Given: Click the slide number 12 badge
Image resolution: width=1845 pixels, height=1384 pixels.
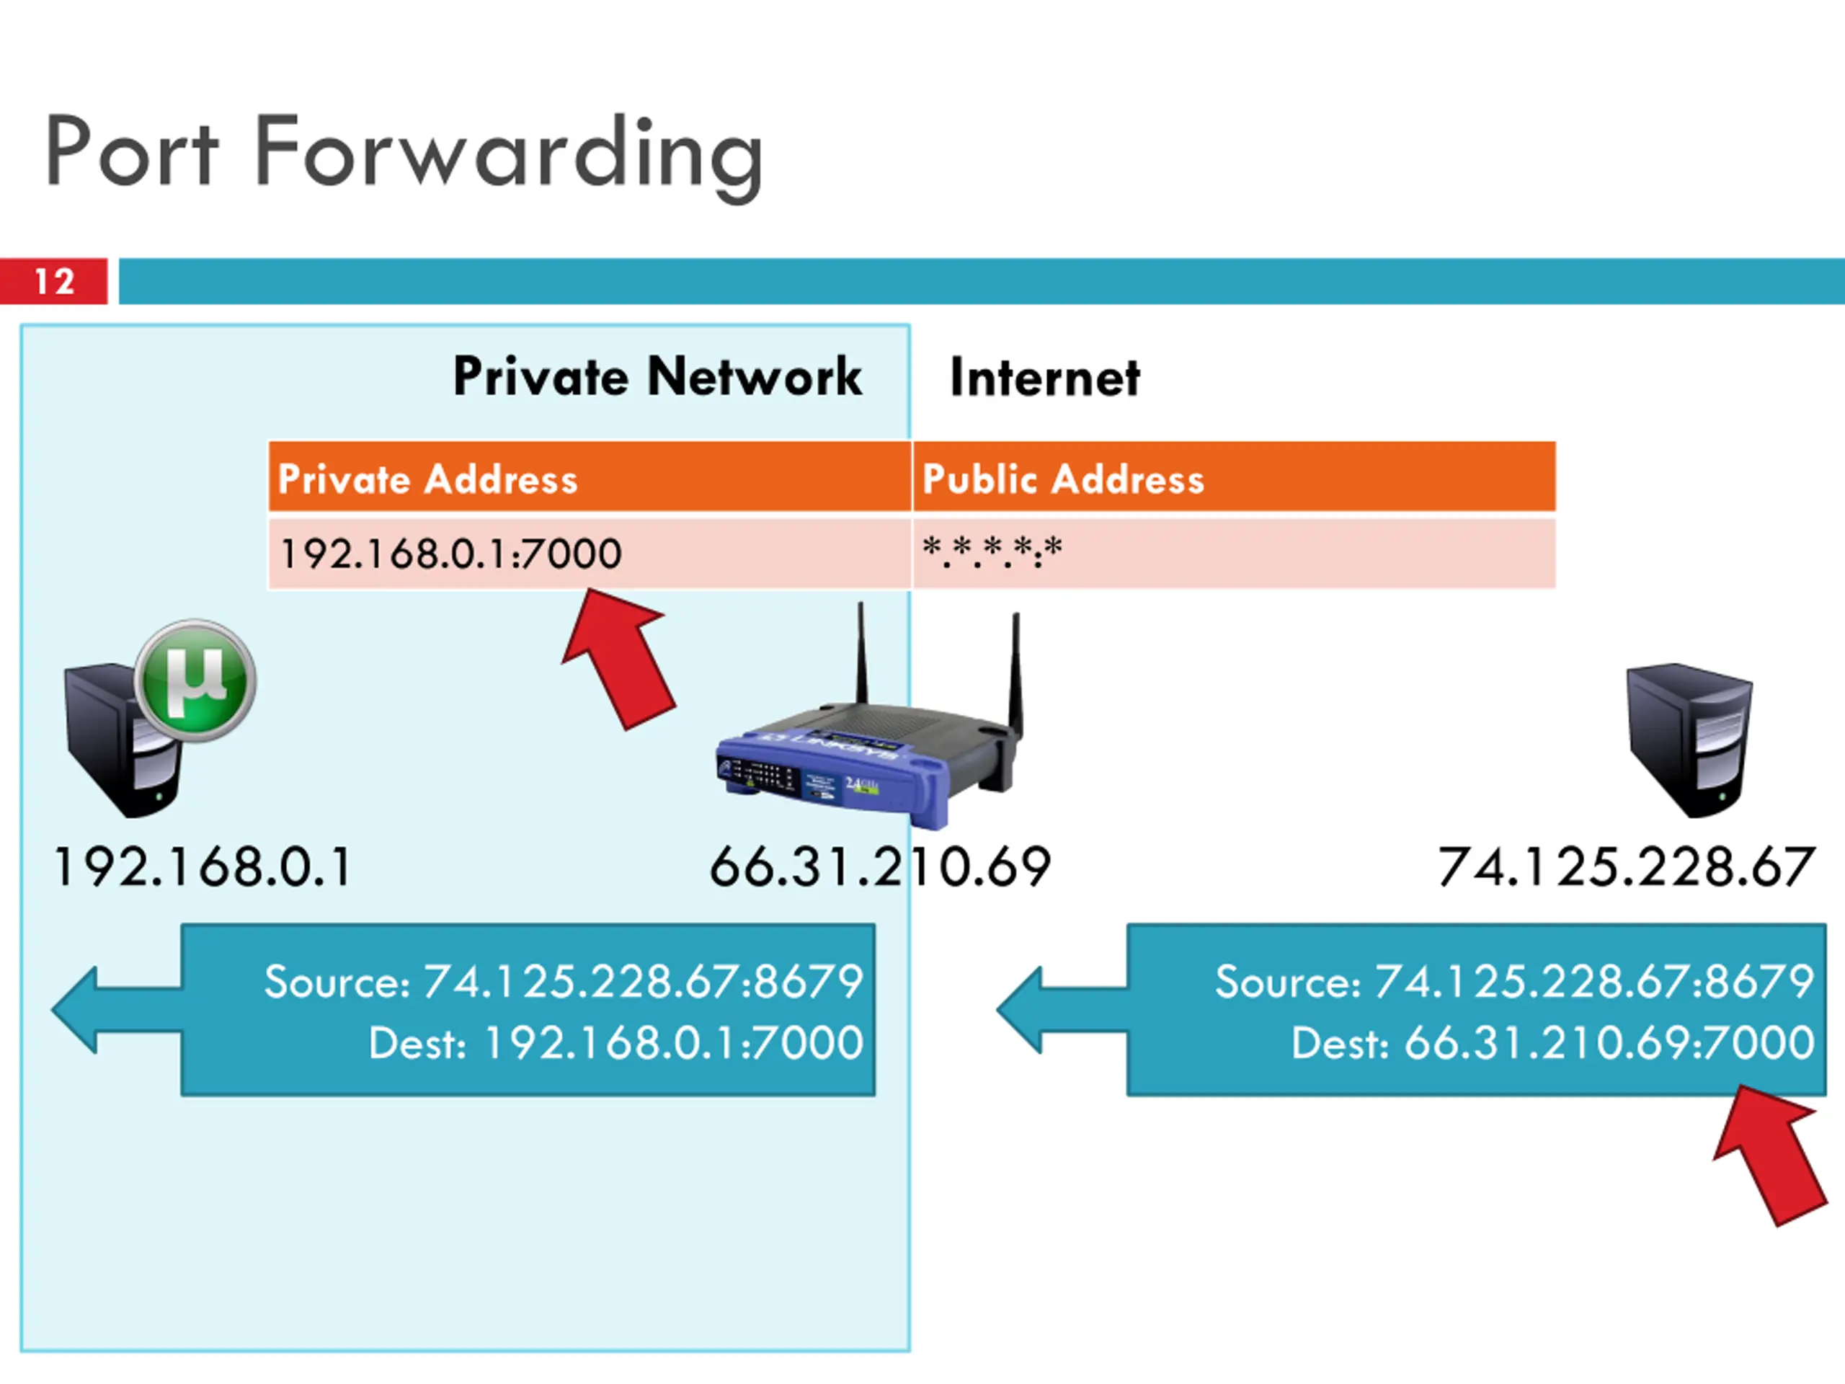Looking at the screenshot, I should (x=53, y=281).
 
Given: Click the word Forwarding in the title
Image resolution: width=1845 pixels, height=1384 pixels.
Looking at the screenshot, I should (x=509, y=154).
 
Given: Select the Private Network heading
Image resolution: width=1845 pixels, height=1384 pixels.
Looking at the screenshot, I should (x=657, y=376).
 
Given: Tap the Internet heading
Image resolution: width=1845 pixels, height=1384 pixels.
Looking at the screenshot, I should (x=1044, y=378).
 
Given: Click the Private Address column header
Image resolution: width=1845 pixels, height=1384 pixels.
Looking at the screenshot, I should (x=427, y=479).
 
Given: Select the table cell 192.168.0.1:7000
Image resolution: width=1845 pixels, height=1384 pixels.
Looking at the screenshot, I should (x=450, y=553).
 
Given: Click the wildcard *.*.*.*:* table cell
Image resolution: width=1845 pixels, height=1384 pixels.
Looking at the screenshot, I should (x=992, y=552).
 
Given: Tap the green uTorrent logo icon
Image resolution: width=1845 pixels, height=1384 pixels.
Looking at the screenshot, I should (x=196, y=680).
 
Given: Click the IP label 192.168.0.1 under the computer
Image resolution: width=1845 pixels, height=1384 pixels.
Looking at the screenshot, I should (x=203, y=866).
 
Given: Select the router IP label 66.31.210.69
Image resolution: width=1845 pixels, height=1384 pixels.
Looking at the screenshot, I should (x=879, y=866).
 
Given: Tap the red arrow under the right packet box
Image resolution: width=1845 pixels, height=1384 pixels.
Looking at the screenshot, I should (x=1772, y=1155).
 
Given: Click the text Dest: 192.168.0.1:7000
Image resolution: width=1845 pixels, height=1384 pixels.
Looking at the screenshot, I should (x=615, y=1043).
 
